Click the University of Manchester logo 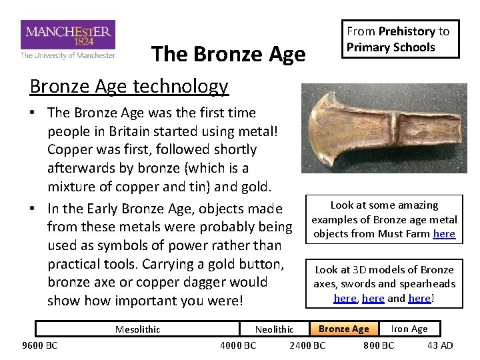click(x=68, y=39)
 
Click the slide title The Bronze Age click(x=228, y=54)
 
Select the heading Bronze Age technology click(x=129, y=86)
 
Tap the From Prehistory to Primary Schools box click(x=401, y=39)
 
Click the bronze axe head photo click(x=379, y=129)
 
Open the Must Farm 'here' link click(x=444, y=234)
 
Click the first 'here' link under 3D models click(x=345, y=298)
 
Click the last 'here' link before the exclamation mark click(x=419, y=298)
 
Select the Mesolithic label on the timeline click(x=137, y=329)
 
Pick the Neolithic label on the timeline click(x=274, y=329)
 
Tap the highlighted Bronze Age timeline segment click(x=343, y=329)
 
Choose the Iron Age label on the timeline click(x=409, y=329)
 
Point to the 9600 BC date click(x=40, y=345)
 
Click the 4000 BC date click(x=238, y=345)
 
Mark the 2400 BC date click(x=307, y=345)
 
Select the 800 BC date click(x=378, y=345)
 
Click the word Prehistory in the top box click(x=407, y=31)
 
